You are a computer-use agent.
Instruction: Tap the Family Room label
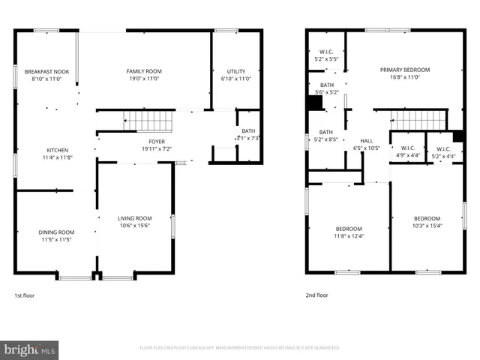pyautogui.click(x=144, y=71)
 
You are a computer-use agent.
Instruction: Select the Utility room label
pyautogui.click(x=235, y=71)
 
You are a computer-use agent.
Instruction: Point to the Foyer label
pyautogui.click(x=157, y=140)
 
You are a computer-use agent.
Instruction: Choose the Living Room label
pyautogui.click(x=135, y=218)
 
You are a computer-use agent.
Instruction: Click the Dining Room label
pyautogui.click(x=57, y=232)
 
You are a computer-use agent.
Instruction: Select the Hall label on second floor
pyautogui.click(x=366, y=140)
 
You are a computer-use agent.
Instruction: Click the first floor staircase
pyautogui.click(x=147, y=120)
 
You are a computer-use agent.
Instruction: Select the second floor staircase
pyautogui.click(x=417, y=119)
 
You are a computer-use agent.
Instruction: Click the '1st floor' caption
pyautogui.click(x=25, y=295)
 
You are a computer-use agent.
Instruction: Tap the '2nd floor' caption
pyautogui.click(x=316, y=295)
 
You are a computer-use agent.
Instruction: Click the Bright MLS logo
pyautogui.click(x=30, y=349)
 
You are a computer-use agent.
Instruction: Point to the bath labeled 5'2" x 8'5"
pyautogui.click(x=326, y=135)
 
